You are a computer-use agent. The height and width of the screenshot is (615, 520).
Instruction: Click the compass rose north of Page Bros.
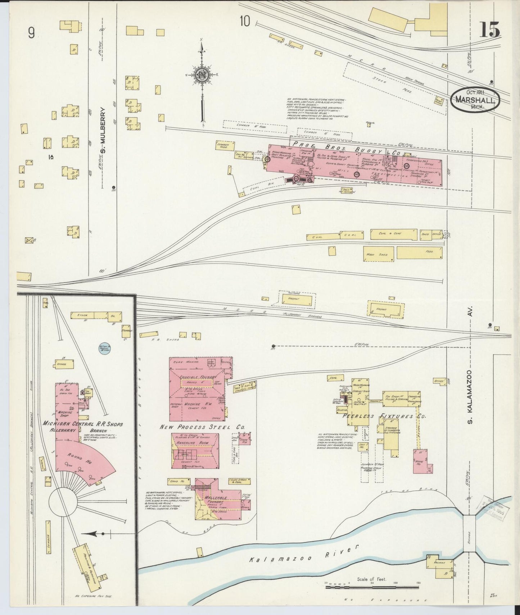coord(201,75)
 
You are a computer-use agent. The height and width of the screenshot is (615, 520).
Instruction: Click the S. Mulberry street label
coord(103,130)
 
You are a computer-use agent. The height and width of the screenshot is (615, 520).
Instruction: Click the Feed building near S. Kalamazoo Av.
coord(419,252)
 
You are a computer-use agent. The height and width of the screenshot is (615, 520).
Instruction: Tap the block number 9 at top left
coord(32,33)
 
